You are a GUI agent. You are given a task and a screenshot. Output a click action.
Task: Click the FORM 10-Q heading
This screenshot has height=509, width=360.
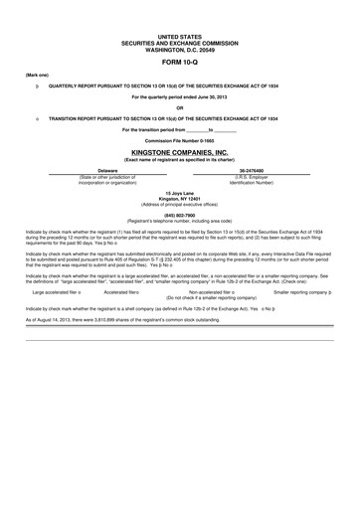click(x=179, y=61)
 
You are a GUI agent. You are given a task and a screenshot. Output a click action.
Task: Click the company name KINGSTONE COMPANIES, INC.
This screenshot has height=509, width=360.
click(x=179, y=154)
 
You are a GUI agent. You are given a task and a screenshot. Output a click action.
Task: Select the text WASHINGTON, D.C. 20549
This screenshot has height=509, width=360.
click(x=179, y=47)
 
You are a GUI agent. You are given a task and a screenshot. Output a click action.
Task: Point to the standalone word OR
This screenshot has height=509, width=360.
click(x=179, y=107)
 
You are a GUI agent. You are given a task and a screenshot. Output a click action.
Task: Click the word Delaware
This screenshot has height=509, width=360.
click(x=107, y=172)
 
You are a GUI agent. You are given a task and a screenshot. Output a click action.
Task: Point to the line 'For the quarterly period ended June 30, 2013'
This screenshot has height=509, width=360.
click(x=179, y=96)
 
